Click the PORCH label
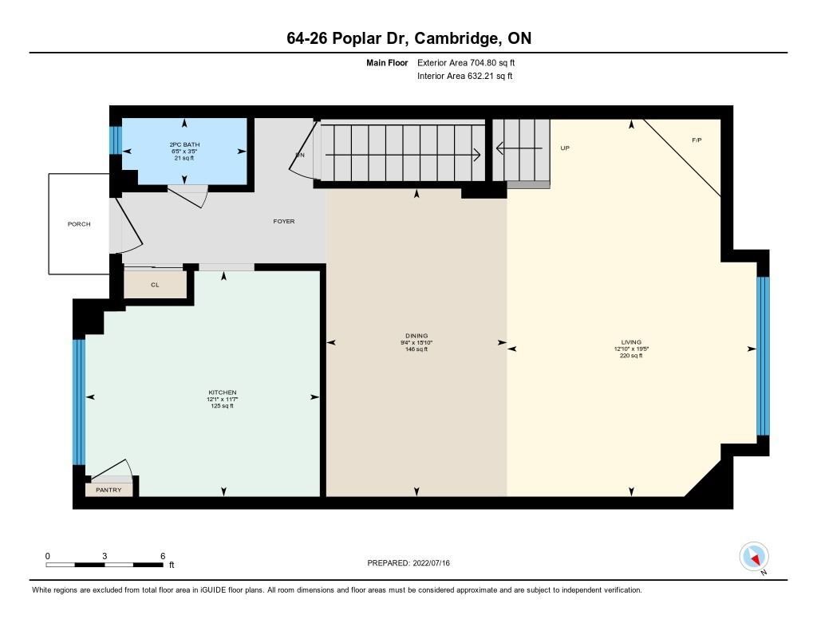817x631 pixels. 79,224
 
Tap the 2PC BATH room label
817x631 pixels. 184,144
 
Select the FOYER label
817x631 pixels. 284,222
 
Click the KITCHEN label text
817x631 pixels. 223,392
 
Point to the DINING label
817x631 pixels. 416,336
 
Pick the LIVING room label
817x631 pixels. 631,342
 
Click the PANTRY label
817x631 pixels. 109,490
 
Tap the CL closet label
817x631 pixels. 155,285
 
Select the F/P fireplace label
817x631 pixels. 697,140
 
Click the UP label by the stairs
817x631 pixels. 565,148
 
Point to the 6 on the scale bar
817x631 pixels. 163,556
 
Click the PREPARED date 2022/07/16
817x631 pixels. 432,562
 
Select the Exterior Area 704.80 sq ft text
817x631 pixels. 466,62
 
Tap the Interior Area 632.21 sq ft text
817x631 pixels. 465,76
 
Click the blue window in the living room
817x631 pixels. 762,356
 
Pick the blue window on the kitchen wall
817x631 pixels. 79,402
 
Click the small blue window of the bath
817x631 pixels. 116,140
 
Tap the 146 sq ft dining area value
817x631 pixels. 416,349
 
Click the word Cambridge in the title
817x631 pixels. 456,38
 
